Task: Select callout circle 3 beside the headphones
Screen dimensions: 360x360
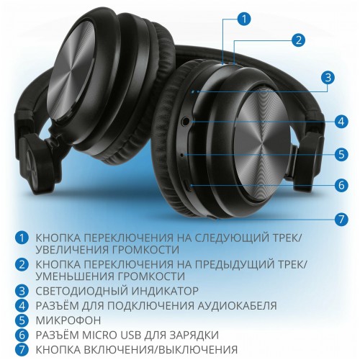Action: tap(328, 78)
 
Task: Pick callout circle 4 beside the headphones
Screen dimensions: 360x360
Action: tap(341, 121)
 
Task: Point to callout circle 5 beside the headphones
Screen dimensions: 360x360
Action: tap(342, 153)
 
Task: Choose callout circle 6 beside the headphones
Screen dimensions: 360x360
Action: tap(342, 184)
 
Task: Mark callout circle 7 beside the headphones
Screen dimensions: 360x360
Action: tap(342, 218)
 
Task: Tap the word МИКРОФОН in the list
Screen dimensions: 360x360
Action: tap(69, 319)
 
